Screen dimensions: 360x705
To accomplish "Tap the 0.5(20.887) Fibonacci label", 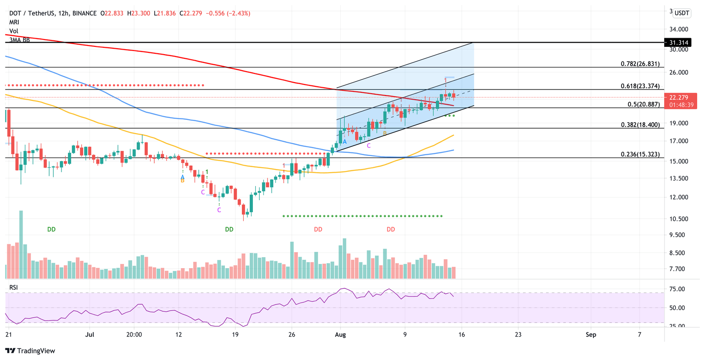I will pyautogui.click(x=643, y=105).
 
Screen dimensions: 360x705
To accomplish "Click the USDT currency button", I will pyautogui.click(x=681, y=13).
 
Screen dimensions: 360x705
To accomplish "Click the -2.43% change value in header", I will pyautogui.click(x=239, y=13).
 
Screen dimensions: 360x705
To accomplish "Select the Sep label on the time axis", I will pyautogui.click(x=591, y=335).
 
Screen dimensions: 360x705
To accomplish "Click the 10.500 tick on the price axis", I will pyautogui.click(x=679, y=219).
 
